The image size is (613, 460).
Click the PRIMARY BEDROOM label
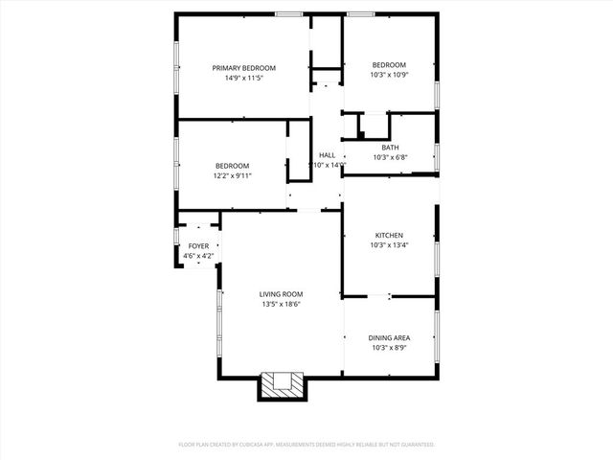[x=243, y=68]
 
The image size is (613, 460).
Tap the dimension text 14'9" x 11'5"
[x=243, y=78]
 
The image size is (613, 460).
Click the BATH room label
[x=390, y=147]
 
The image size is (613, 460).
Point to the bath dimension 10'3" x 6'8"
[x=390, y=157]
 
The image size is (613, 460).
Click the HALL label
[x=328, y=154]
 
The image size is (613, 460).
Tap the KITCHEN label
[x=389, y=235]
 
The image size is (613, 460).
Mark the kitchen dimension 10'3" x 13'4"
[x=389, y=245]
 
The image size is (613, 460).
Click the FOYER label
[x=198, y=246]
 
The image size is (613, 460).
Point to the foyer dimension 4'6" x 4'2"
[x=198, y=256]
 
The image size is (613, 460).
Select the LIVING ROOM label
[x=282, y=294]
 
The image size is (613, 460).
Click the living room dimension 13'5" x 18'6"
[x=282, y=305]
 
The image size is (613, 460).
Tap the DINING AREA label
[x=390, y=337]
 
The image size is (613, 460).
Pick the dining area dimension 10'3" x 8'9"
[x=390, y=348]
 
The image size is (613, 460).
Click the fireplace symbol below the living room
[x=283, y=385]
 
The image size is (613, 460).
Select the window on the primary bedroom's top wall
[x=288, y=13]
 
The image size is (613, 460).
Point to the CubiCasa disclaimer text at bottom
[x=306, y=445]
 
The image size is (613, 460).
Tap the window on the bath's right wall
[x=438, y=156]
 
